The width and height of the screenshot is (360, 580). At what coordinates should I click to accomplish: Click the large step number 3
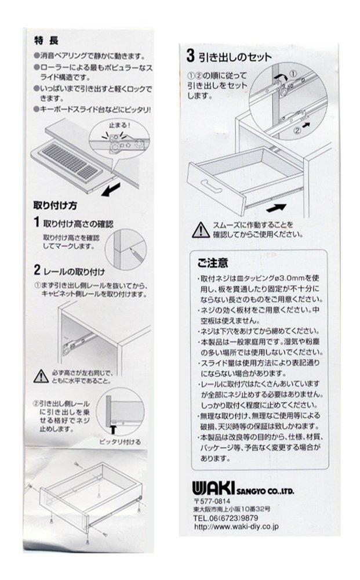(190, 56)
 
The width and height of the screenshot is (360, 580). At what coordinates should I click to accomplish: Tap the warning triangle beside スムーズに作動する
(201, 230)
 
